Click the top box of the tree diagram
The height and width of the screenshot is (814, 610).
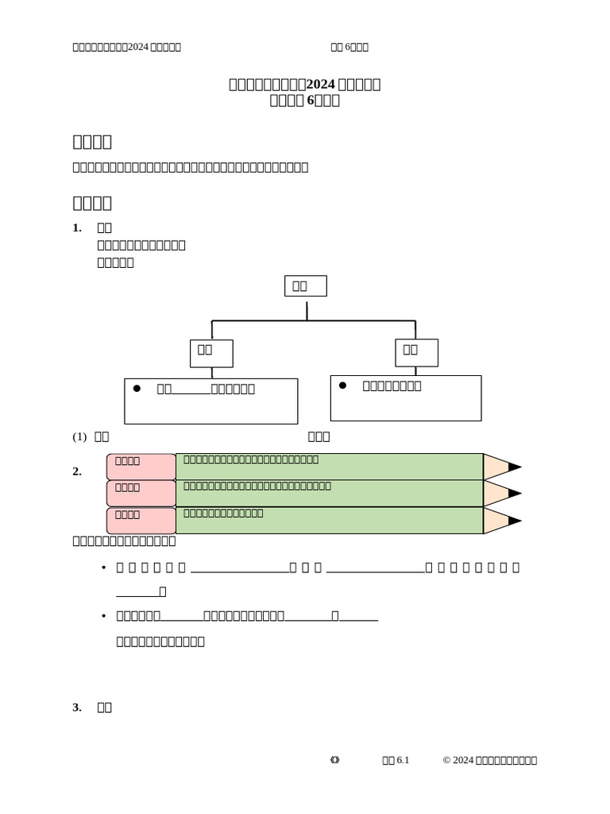[305, 286]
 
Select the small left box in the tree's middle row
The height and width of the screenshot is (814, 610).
[211, 353]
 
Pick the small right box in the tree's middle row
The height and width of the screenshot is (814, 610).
[416, 352]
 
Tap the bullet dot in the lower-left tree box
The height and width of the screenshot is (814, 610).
[137, 388]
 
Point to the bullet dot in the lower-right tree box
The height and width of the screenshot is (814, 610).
[342, 385]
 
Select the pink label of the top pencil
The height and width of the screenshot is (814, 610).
[141, 467]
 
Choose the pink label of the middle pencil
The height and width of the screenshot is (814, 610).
[141, 493]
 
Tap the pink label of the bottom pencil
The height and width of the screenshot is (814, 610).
[141, 520]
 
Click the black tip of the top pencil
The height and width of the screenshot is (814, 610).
[515, 467]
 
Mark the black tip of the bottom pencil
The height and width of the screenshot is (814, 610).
[515, 521]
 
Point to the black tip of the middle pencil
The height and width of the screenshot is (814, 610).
[515, 493]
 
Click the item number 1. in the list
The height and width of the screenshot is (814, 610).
[77, 228]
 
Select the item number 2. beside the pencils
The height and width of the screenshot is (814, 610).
[77, 471]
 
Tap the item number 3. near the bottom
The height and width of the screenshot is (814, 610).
[77, 707]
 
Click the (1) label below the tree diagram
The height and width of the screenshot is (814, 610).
[79, 436]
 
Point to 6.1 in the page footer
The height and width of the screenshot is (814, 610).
[402, 761]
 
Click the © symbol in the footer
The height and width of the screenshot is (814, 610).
[446, 761]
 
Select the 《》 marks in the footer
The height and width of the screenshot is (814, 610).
[334, 761]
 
